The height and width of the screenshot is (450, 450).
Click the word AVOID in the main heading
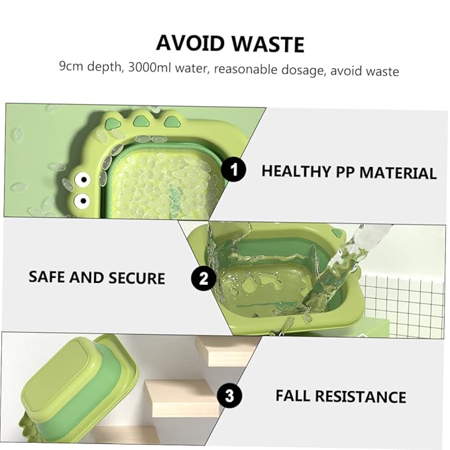pos(190,43)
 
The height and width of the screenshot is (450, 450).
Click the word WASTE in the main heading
pos(268,44)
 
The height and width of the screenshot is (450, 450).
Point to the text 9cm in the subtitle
pos(71,66)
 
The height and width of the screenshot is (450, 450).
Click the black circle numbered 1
pos(233,170)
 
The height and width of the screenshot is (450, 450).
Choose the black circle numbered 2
pos(203,278)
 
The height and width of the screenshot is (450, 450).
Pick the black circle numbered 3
pos(229,396)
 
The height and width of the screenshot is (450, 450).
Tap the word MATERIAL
pos(398,173)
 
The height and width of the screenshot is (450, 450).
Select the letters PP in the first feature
pos(345,172)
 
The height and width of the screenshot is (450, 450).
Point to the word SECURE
pos(137,278)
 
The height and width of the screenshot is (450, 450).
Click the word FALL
pos(293,396)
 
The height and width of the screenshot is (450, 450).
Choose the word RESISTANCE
pos(361,396)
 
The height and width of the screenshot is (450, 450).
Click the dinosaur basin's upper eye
pos(82,180)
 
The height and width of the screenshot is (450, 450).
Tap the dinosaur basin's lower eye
pos(82,200)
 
